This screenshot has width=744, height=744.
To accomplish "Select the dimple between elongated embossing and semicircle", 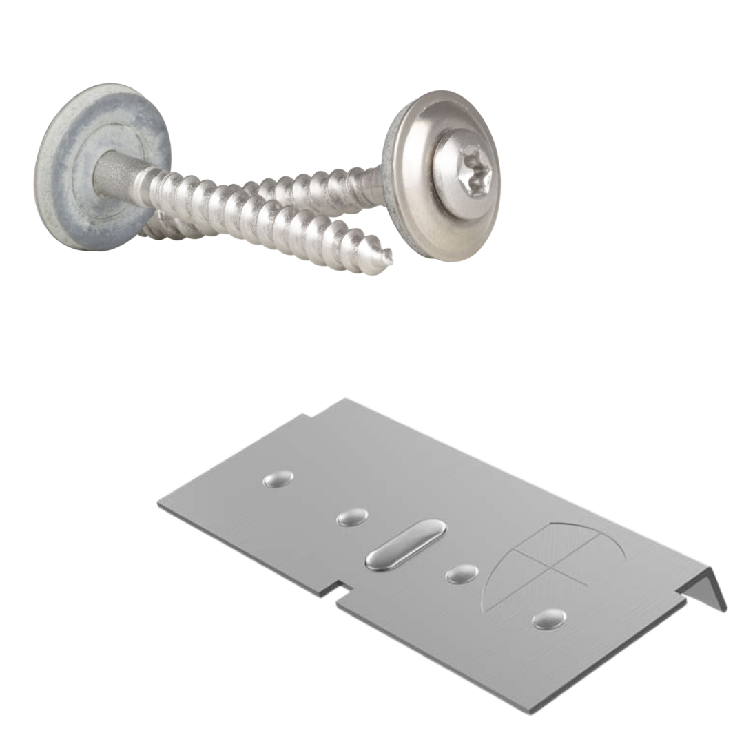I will pyautogui.click(x=462, y=573).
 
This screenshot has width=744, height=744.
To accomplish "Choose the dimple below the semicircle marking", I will pyautogui.click(x=550, y=619).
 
